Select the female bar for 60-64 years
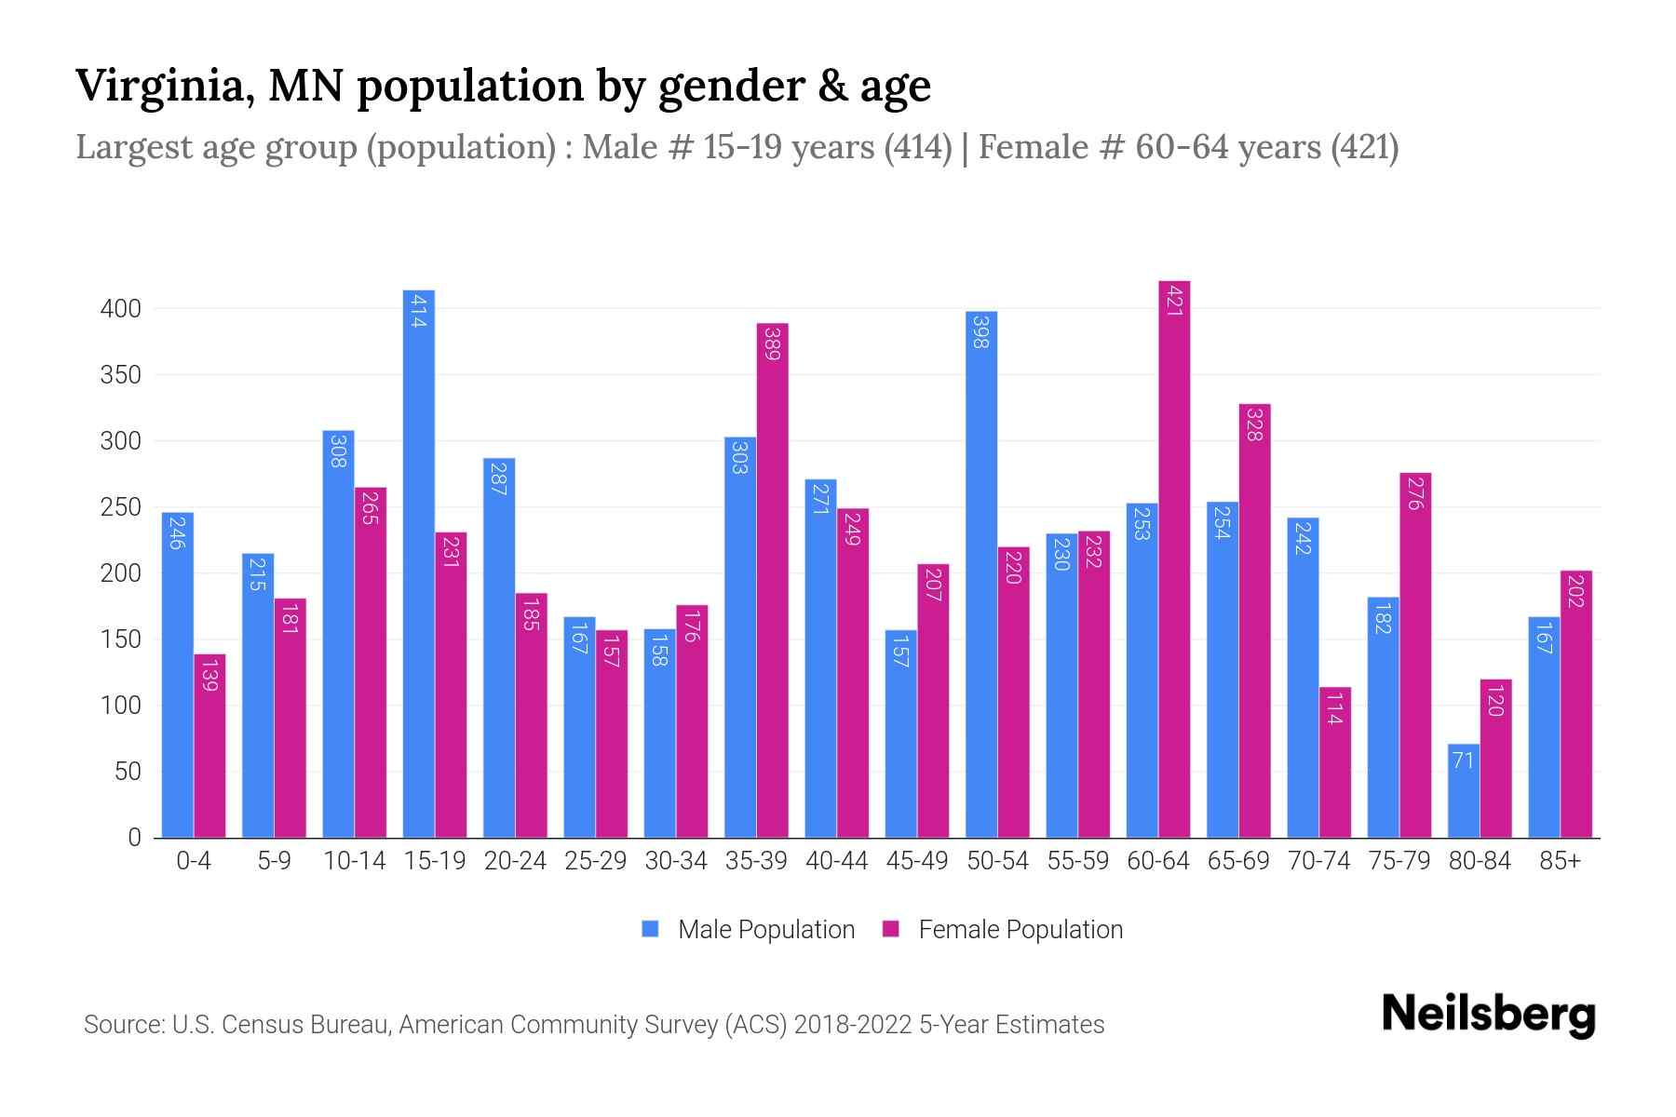(x=1174, y=558)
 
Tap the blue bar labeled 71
(x=1463, y=791)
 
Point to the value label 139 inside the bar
(x=209, y=675)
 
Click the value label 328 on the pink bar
(x=1254, y=424)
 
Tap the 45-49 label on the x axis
(x=916, y=861)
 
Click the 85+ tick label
(x=1560, y=861)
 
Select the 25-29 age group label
(x=595, y=861)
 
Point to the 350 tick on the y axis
(x=120, y=375)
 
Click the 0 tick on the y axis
(x=134, y=838)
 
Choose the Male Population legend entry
(x=765, y=930)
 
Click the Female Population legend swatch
(x=891, y=929)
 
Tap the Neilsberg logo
(x=1488, y=1015)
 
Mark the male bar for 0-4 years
(x=177, y=675)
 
